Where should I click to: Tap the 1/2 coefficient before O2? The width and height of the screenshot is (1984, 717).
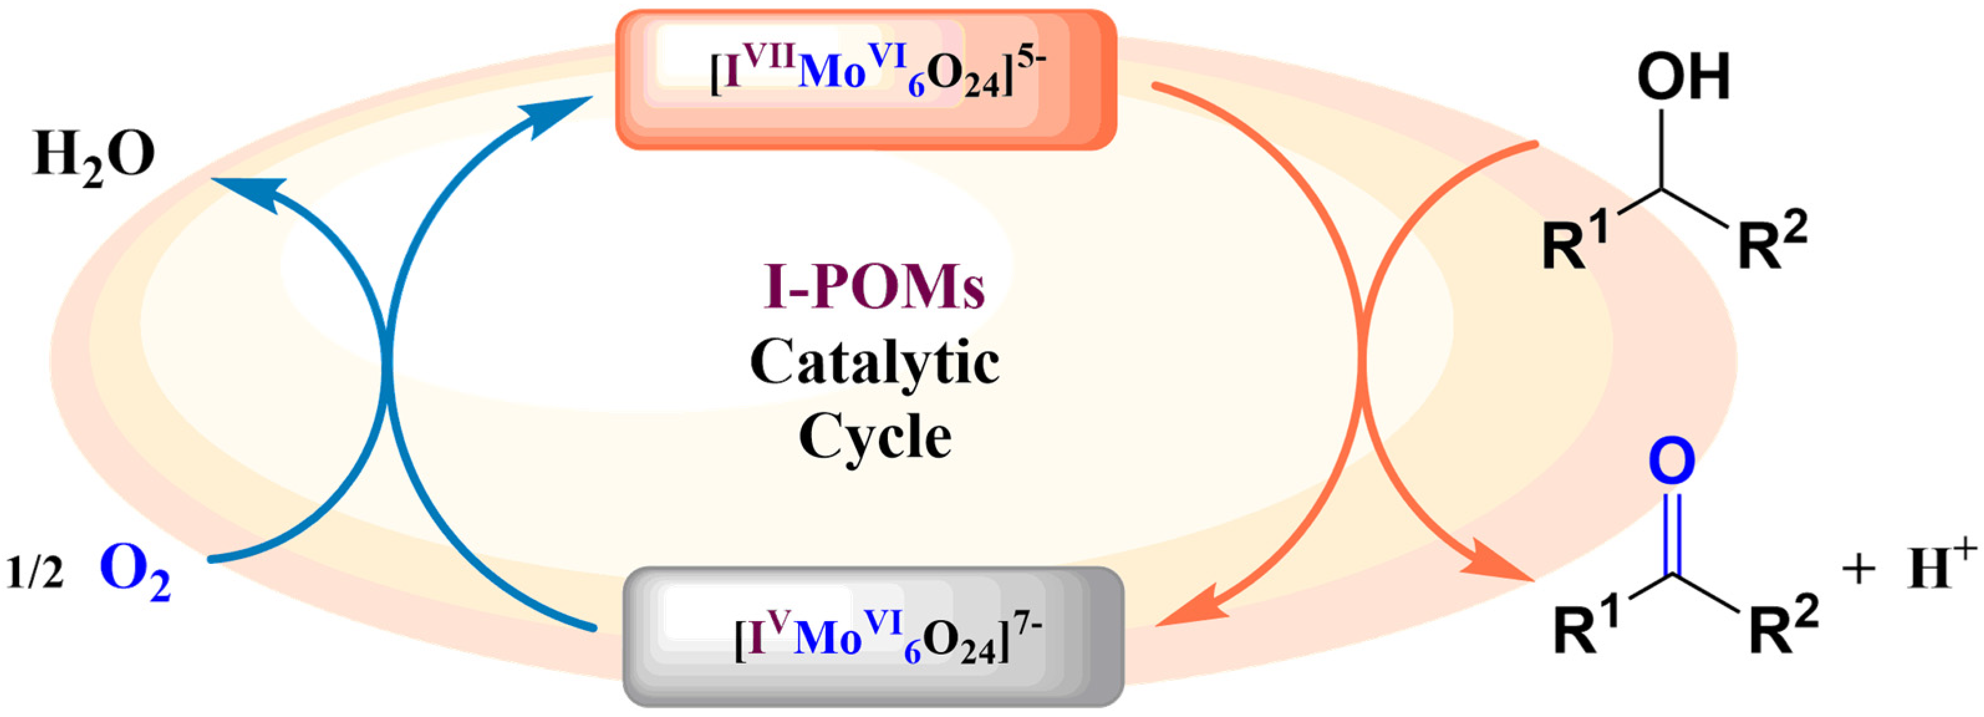pos(35,574)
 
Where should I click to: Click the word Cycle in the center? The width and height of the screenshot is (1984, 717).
pos(874,437)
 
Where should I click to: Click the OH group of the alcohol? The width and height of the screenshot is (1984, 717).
pos(1684,77)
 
